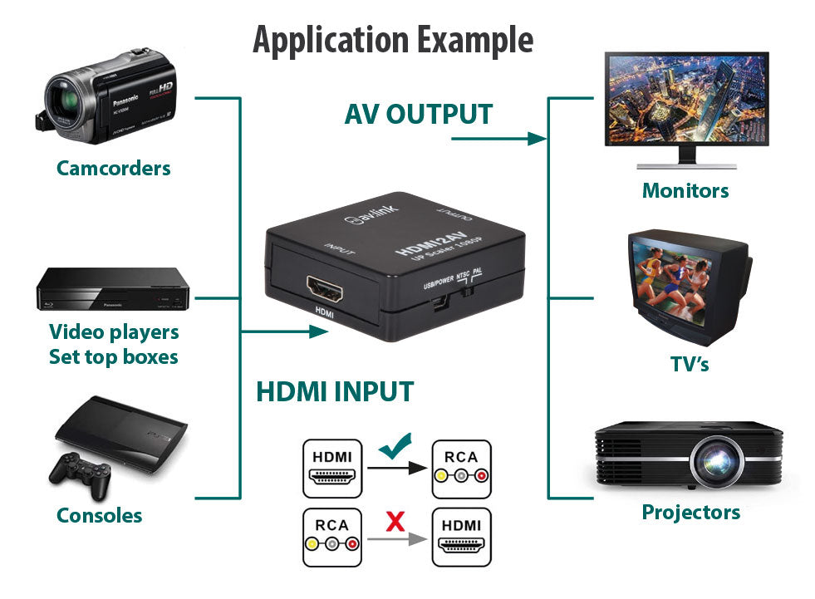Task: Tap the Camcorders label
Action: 113,168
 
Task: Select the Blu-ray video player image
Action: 113,288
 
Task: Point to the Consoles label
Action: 99,515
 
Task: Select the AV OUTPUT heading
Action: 419,114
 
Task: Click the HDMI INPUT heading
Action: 334,391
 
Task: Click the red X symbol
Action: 396,522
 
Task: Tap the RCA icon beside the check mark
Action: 461,469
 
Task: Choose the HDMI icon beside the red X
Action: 461,538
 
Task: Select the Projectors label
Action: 690,512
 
